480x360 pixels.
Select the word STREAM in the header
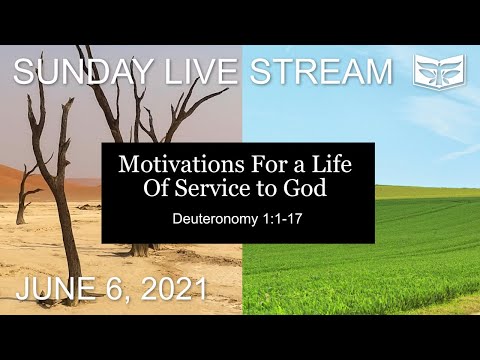tap(321, 72)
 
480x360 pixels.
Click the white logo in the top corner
tap(439, 71)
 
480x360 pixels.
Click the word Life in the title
tap(338, 164)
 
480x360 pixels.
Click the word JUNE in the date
tap(56, 290)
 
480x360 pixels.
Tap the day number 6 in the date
tap(112, 290)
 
